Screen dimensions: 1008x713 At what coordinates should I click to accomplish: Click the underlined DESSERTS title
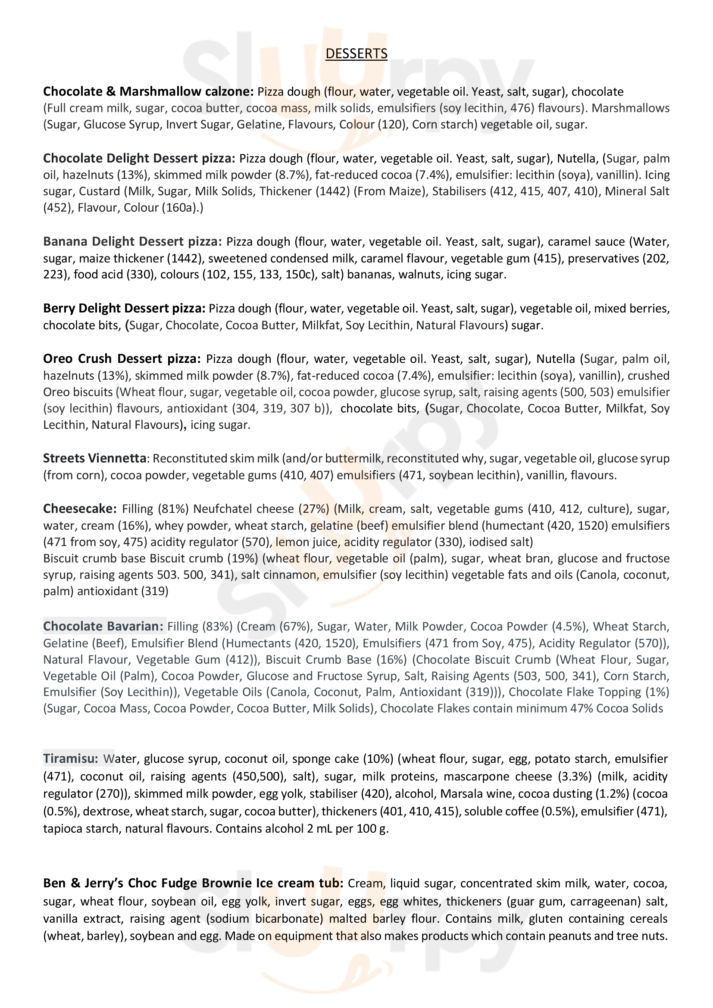356,53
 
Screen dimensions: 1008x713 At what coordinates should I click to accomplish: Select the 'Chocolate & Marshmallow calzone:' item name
148,92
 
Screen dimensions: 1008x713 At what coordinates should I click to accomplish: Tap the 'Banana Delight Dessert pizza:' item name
133,242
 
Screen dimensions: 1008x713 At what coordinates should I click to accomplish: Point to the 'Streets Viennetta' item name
94,459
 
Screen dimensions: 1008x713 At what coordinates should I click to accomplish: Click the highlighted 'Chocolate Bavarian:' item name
104,626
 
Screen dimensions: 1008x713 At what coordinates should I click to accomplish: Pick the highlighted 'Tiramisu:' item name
71,759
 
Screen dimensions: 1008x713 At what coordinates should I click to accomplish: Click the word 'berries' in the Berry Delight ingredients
651,309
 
